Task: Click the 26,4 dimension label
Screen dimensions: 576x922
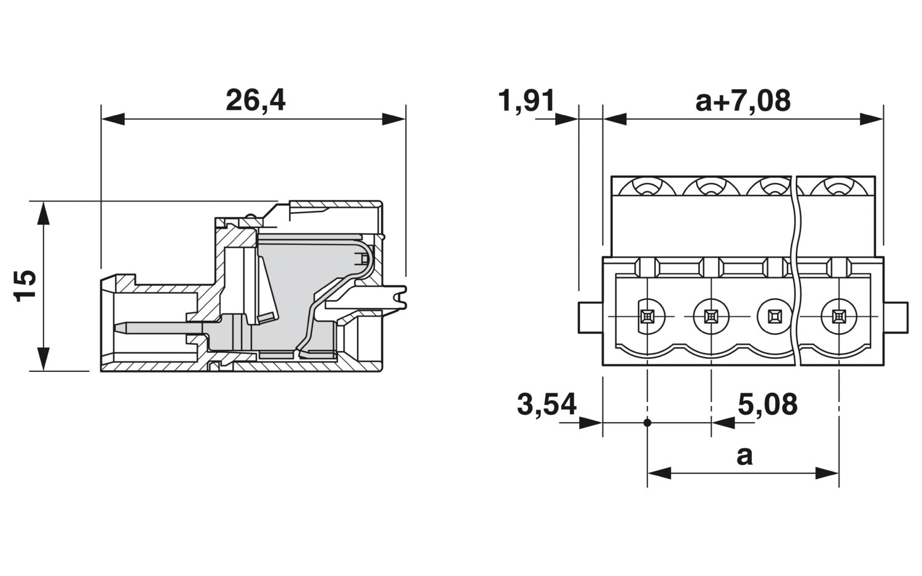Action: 255,100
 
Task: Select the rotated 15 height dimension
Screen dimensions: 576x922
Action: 25,285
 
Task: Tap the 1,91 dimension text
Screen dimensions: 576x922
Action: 527,100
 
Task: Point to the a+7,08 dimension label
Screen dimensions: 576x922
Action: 743,100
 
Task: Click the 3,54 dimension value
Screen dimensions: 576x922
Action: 546,404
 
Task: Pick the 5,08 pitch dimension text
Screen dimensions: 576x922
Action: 767,404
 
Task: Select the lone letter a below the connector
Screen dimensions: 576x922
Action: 744,456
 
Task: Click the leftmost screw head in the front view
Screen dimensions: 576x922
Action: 647,317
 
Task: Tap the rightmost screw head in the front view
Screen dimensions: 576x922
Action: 837,317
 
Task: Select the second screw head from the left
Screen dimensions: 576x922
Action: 711,317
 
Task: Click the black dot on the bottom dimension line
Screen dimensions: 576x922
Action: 647,422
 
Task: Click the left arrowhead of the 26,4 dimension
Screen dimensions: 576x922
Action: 113,119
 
